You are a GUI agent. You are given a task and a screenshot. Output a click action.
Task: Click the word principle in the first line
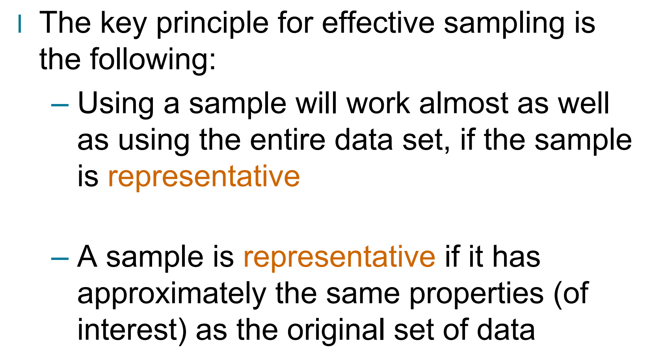212,24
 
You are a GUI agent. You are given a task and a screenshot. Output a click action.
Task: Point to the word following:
153,60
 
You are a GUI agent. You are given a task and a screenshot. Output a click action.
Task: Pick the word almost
463,103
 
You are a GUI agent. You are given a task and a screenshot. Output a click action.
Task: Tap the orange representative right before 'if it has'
339,257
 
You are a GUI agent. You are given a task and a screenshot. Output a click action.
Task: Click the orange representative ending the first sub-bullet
204,176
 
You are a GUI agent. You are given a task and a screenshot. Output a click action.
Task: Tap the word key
123,24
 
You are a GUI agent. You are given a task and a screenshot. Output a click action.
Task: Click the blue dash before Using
60,105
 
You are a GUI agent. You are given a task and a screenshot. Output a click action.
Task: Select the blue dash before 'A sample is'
60,258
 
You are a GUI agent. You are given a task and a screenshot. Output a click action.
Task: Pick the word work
378,103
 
